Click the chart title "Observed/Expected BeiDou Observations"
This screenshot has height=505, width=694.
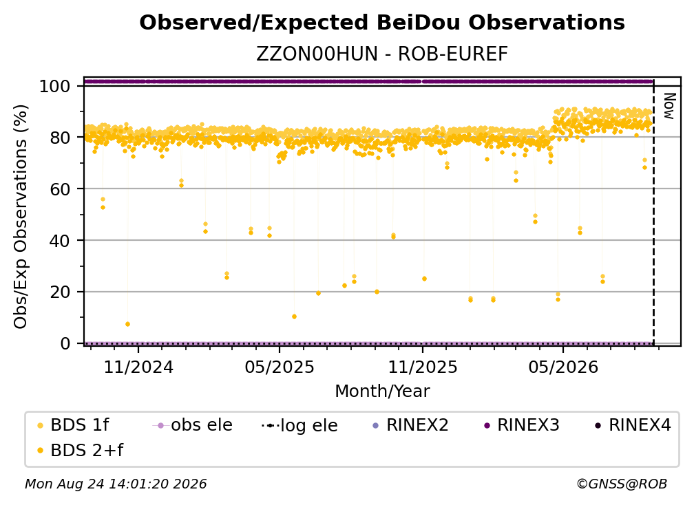[382, 23]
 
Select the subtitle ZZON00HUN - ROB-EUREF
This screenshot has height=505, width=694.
[382, 54]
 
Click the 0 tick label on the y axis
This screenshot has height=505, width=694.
[65, 343]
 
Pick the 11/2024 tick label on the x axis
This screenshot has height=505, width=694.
[138, 367]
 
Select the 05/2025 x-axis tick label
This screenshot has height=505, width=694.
[280, 367]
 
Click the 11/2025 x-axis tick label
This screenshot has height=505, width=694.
[423, 367]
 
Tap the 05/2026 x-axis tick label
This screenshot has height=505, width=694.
[563, 367]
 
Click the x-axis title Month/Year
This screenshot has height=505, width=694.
[382, 391]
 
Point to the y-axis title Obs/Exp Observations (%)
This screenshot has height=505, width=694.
[21, 217]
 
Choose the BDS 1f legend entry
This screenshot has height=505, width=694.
[73, 425]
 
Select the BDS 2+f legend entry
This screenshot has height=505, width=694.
[80, 451]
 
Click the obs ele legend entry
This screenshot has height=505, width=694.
[193, 425]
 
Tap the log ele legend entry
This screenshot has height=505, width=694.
[299, 426]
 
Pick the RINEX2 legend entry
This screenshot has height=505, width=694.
[411, 425]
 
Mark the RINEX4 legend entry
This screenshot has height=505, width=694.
[633, 425]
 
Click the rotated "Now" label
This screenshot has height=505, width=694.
[669, 106]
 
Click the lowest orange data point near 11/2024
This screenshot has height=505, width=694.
[127, 324]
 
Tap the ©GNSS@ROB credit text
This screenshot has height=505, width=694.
[622, 484]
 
